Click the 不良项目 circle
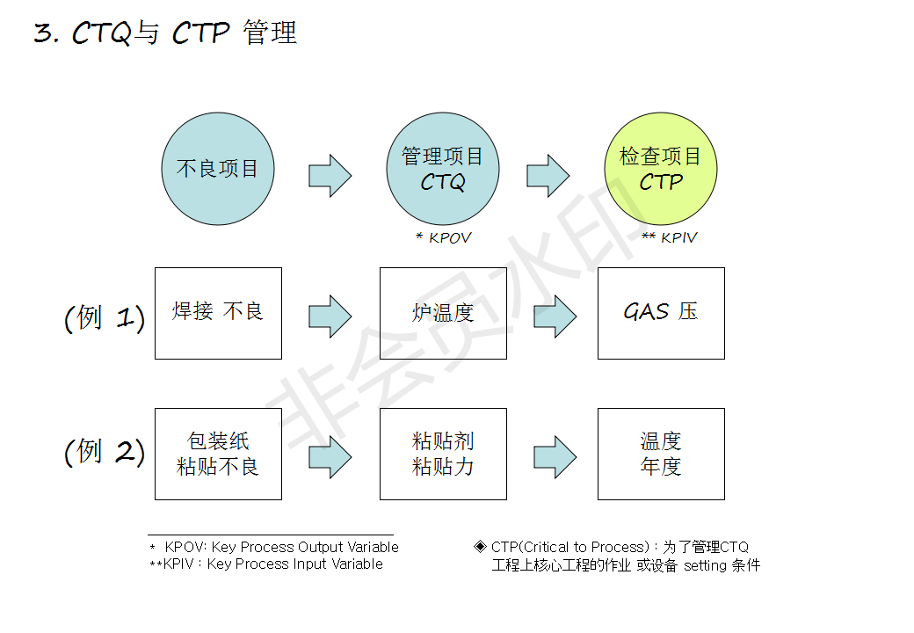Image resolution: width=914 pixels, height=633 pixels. [218, 169]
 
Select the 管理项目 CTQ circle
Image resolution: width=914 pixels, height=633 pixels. [443, 169]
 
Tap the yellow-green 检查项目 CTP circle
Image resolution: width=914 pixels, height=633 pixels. [661, 169]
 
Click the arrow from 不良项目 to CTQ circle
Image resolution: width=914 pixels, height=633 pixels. [330, 176]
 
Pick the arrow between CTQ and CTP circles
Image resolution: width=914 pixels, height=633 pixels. [548, 176]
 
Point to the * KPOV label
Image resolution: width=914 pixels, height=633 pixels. [443, 238]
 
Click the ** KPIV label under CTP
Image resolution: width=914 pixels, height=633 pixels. [669, 238]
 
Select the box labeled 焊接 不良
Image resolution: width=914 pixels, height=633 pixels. [218, 313]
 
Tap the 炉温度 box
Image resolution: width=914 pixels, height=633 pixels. [443, 313]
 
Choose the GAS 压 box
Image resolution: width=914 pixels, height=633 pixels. [661, 313]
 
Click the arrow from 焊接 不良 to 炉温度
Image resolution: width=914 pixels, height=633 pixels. [330, 316]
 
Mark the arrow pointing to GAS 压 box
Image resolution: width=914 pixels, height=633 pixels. [555, 316]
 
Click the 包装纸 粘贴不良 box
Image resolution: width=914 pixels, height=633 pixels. [218, 454]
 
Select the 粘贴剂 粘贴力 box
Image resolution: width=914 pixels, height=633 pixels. [443, 454]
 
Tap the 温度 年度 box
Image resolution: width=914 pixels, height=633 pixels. [661, 454]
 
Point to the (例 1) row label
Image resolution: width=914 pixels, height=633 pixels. [105, 317]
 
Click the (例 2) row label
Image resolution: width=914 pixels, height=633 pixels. [105, 452]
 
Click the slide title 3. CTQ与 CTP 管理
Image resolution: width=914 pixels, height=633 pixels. [165, 33]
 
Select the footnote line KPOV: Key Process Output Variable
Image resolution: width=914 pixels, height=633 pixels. [279, 547]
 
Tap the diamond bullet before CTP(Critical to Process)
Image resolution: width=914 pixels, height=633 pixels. [480, 546]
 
